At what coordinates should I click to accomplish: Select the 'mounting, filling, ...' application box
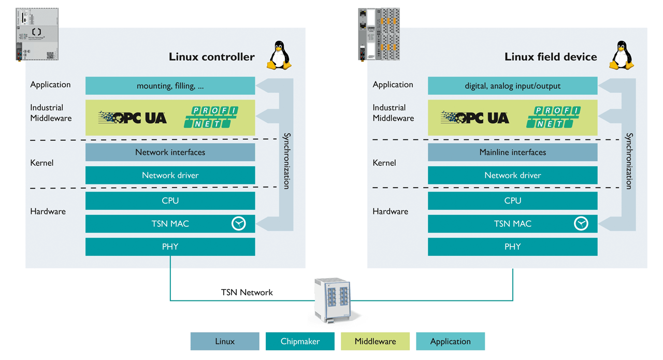(x=170, y=86)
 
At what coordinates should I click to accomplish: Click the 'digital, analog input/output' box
(x=512, y=86)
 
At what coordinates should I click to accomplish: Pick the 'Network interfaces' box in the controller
(x=170, y=152)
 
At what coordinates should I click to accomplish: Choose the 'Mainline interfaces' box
(x=512, y=152)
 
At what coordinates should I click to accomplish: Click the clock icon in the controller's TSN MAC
(x=238, y=224)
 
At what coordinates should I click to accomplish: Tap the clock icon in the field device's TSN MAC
(x=581, y=224)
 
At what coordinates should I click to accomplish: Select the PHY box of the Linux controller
(x=170, y=247)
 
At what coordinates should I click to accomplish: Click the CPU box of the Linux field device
(x=512, y=201)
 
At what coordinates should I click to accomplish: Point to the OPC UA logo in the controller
(x=133, y=118)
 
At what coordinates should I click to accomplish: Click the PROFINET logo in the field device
(x=553, y=118)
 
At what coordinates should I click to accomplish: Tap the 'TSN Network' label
(x=247, y=293)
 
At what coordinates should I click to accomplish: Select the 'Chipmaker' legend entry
(x=300, y=341)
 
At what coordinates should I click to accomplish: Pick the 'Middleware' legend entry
(x=375, y=341)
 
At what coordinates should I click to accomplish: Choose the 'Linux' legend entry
(x=225, y=341)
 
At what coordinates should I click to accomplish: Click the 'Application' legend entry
(x=450, y=341)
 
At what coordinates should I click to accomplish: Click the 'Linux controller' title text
(x=211, y=57)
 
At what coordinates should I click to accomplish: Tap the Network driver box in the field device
(x=512, y=175)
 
